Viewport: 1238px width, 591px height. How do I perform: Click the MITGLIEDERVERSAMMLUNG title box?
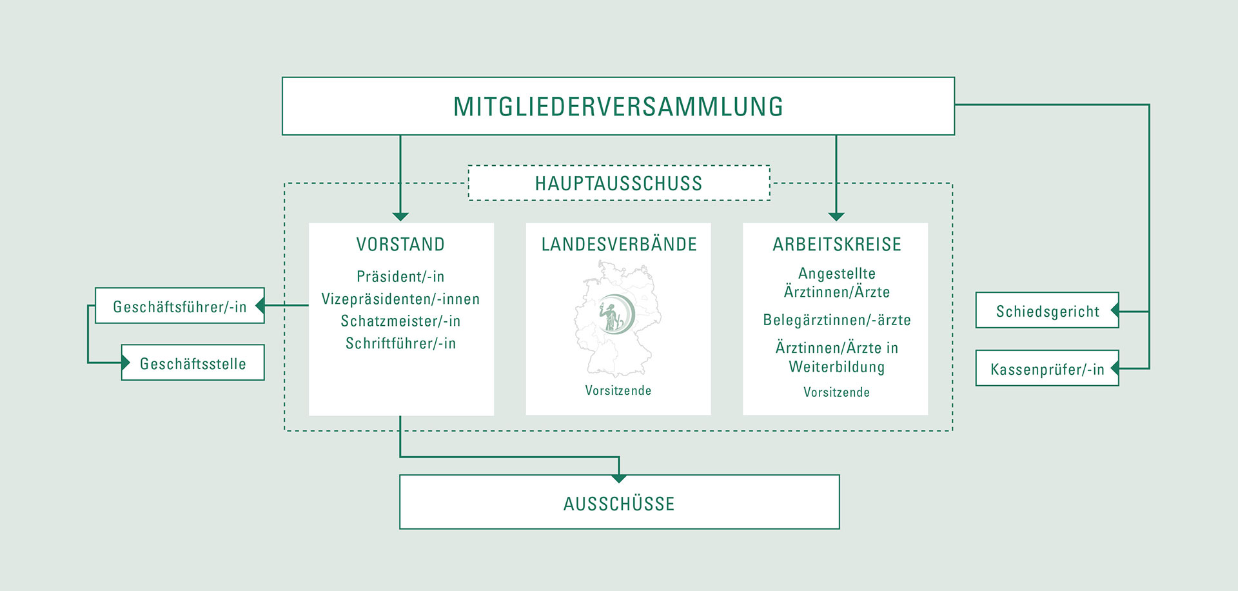[x=618, y=106]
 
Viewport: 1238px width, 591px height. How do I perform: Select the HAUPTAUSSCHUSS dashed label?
[x=618, y=183]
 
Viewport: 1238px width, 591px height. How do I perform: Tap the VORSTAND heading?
[x=400, y=245]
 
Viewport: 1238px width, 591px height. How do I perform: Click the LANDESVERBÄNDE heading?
[x=619, y=245]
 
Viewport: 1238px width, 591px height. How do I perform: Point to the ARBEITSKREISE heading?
[x=836, y=245]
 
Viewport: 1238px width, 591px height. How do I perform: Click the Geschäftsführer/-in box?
[x=180, y=306]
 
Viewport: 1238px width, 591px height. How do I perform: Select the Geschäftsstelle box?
[x=193, y=363]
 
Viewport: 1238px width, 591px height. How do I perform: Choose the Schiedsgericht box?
[x=1047, y=312]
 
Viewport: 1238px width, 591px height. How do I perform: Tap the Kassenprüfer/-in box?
[x=1047, y=369]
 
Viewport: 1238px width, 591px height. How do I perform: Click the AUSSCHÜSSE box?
[x=619, y=503]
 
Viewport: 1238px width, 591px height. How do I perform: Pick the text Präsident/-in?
[x=400, y=277]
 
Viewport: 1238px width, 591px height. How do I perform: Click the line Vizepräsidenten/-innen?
[x=400, y=299]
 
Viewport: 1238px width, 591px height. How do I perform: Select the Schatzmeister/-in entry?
[x=400, y=321]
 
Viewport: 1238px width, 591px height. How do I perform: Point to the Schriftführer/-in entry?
[x=400, y=343]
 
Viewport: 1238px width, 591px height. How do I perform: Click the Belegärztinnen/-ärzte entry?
[x=836, y=320]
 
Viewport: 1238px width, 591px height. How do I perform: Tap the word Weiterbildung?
[x=836, y=367]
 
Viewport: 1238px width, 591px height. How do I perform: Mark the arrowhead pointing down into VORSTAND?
[x=400, y=217]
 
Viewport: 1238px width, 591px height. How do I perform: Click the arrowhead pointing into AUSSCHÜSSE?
[x=619, y=478]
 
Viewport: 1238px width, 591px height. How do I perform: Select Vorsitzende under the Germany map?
[x=618, y=390]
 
